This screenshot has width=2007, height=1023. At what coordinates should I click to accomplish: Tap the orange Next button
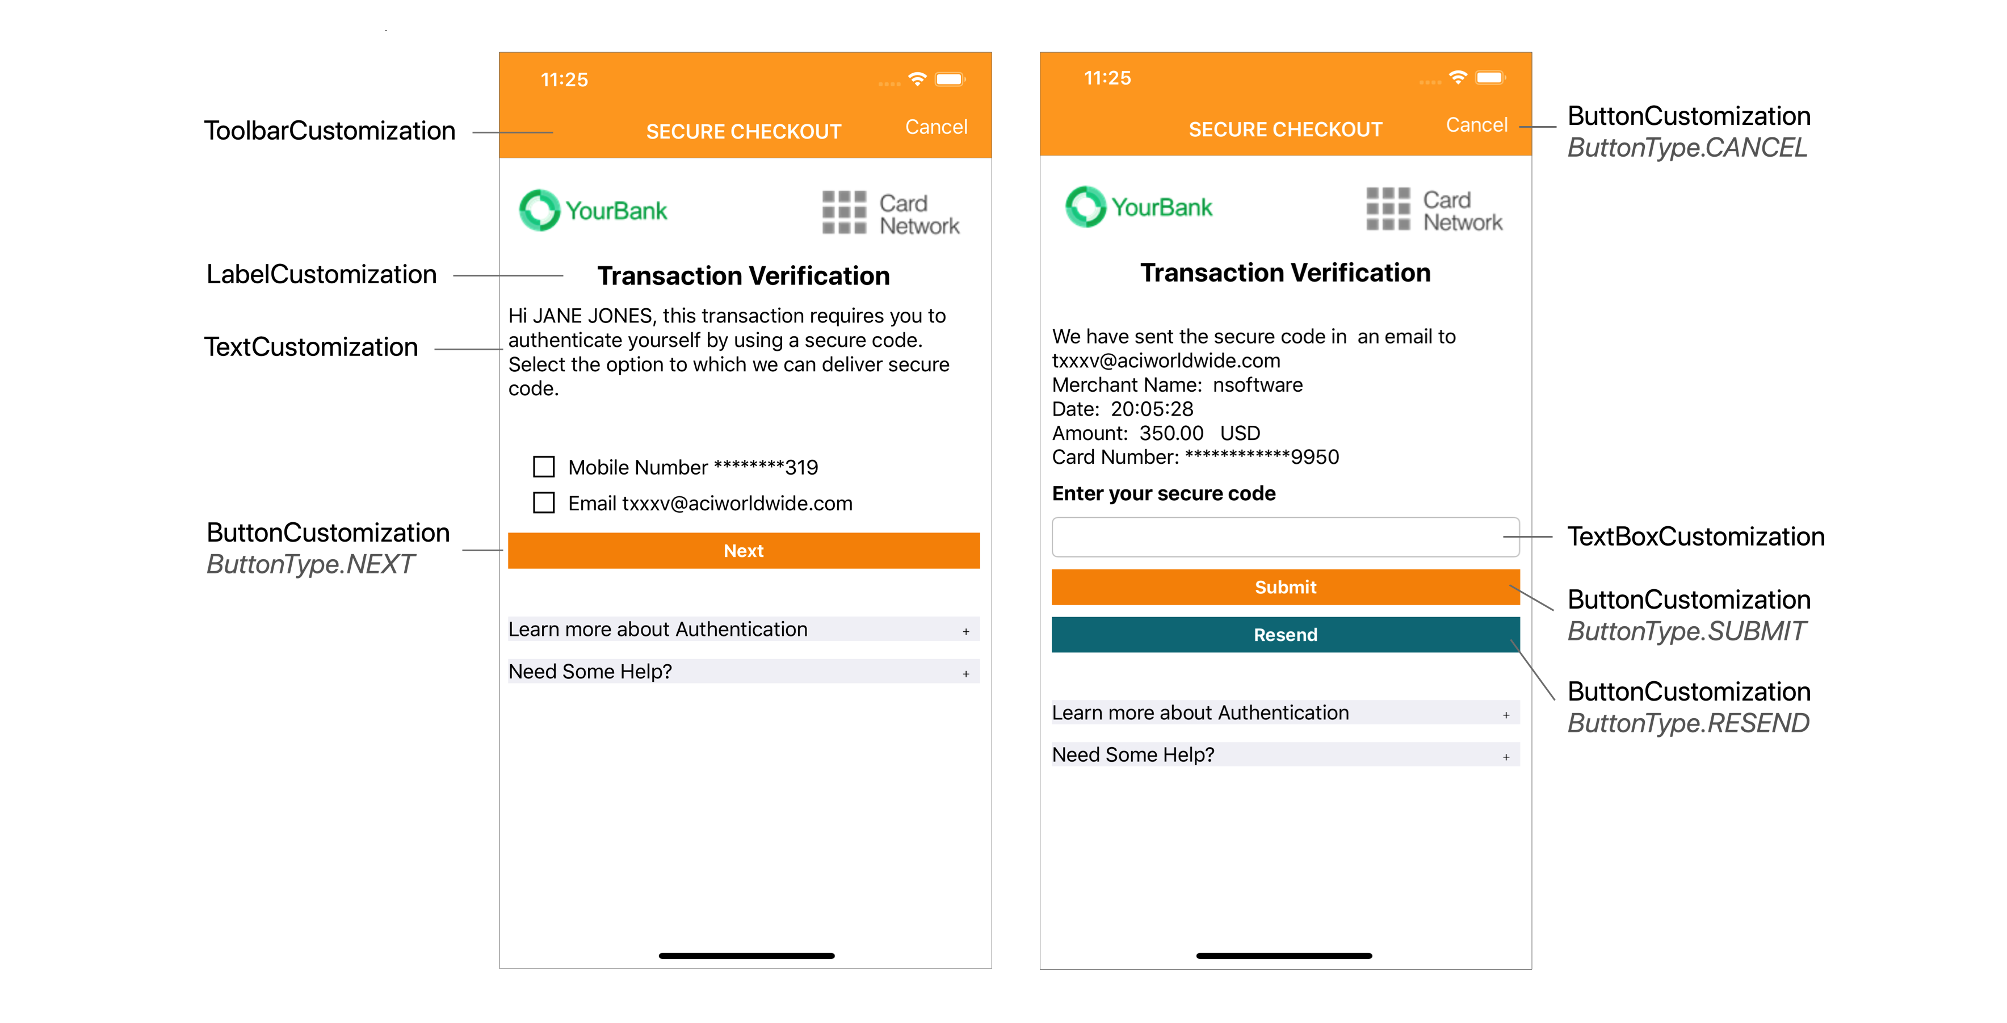pyautogui.click(x=744, y=550)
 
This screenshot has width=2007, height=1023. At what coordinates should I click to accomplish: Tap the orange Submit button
pyautogui.click(x=1286, y=586)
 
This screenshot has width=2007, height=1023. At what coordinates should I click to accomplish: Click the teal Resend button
pyautogui.click(x=1286, y=634)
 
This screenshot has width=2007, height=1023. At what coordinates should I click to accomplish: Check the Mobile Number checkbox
pyautogui.click(x=544, y=467)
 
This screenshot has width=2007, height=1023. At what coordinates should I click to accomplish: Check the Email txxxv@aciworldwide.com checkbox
pyautogui.click(x=544, y=502)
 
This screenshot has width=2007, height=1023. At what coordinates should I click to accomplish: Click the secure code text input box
pyautogui.click(x=1286, y=537)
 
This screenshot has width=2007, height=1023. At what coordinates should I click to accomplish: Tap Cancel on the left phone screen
pyautogui.click(x=936, y=127)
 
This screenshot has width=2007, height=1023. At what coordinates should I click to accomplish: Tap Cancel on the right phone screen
pyautogui.click(x=1476, y=125)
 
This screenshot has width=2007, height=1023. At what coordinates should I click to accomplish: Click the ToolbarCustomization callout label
pyautogui.click(x=330, y=131)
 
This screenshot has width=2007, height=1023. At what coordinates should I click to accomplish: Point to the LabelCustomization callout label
pyautogui.click(x=321, y=274)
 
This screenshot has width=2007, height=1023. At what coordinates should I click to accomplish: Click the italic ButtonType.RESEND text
pyautogui.click(x=1687, y=723)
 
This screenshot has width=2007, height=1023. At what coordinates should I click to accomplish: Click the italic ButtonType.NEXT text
pyautogui.click(x=310, y=564)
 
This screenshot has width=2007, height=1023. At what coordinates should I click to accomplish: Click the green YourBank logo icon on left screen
pyautogui.click(x=539, y=211)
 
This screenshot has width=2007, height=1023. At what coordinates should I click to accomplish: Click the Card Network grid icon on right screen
pyautogui.click(x=1388, y=209)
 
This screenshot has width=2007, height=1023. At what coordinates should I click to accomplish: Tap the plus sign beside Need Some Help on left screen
pyautogui.click(x=965, y=673)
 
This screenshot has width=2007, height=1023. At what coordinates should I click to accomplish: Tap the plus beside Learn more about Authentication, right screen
pyautogui.click(x=1505, y=715)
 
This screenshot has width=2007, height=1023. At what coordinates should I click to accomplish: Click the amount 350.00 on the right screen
pyautogui.click(x=1171, y=433)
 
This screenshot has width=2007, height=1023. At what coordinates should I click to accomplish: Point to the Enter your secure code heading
pyautogui.click(x=1163, y=493)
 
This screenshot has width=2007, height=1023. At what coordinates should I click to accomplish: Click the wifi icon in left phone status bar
pyautogui.click(x=917, y=79)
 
